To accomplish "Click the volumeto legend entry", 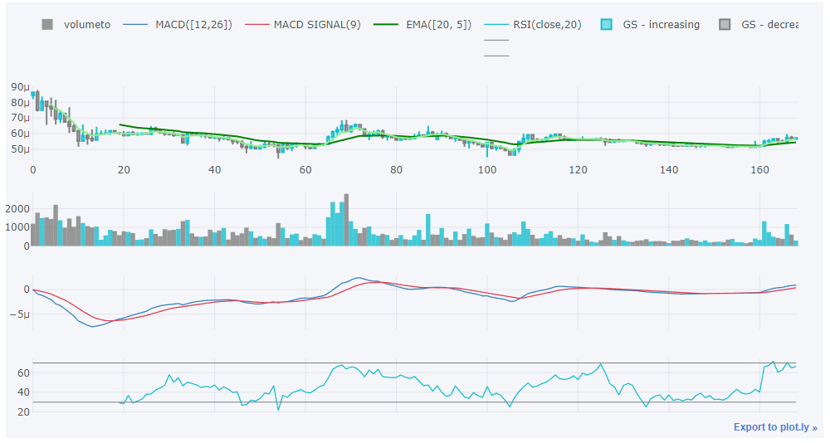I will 86,25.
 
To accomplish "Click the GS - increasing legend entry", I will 661,25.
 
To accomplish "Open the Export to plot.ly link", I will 775,427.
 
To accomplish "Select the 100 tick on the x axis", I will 487,170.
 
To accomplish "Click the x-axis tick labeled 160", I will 759,170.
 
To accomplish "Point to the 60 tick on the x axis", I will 305,170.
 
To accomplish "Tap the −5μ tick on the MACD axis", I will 19,315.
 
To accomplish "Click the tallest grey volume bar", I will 346,219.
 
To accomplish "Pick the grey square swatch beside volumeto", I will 47,25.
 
